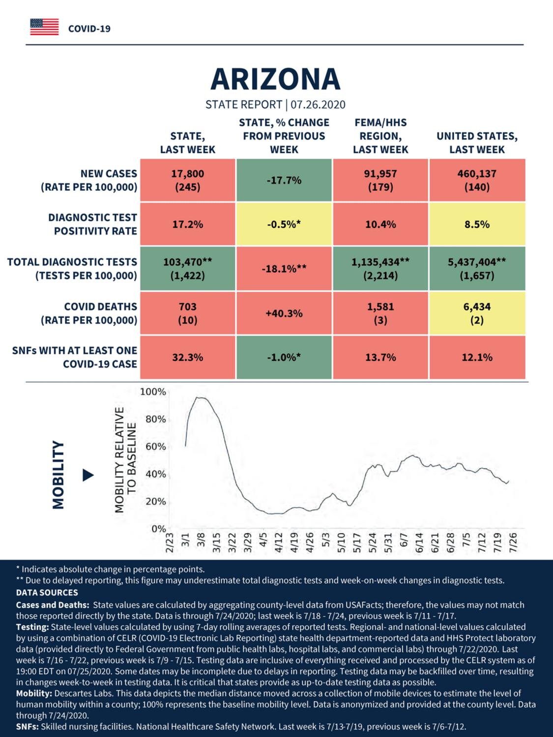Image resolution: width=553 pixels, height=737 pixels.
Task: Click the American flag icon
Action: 44,27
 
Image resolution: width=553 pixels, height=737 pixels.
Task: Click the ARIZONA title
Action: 275,79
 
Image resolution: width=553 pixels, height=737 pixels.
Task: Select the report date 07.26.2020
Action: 318,105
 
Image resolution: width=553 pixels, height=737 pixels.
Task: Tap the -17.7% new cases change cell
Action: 284,180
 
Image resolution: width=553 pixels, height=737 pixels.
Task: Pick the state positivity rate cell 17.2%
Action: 188,224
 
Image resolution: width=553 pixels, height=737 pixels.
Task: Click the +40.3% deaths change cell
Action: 284,313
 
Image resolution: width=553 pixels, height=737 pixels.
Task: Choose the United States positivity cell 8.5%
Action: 477,224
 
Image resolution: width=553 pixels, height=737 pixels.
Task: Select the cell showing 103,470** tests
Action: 188,269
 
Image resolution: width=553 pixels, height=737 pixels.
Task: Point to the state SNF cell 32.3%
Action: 188,357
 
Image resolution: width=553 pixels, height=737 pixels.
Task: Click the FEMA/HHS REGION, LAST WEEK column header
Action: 380,136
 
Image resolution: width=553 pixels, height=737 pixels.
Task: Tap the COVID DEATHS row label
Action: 89,313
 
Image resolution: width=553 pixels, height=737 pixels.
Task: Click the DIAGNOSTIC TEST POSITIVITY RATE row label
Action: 93,224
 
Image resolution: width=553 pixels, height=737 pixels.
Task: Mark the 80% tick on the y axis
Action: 156,419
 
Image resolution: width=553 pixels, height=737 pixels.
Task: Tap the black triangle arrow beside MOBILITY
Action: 88,475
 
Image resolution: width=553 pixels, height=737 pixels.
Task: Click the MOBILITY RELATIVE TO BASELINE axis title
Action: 126,460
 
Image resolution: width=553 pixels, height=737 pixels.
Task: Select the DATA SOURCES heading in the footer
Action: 47,593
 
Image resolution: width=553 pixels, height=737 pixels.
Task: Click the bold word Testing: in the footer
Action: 32,627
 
